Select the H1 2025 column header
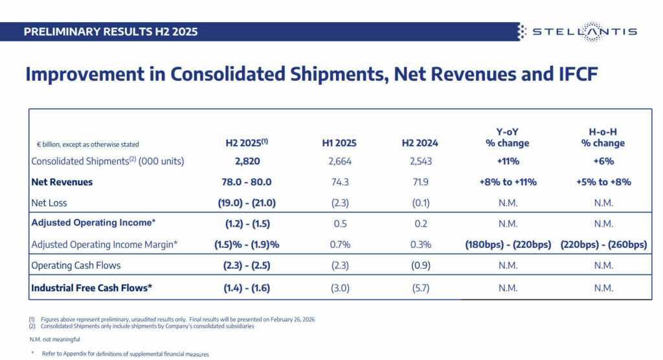pos(339,143)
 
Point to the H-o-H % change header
pos(603,137)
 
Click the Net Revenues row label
pos(62,182)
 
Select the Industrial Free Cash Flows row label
pos(91,288)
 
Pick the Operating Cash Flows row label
pos(76,265)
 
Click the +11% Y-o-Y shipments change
pos(508,161)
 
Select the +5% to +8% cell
pos(603,182)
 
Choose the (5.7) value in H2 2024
pos(420,288)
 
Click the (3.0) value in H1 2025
pos(339,288)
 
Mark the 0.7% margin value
pos(339,244)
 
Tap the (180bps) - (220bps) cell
pos(508,244)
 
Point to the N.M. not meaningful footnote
pos(55,339)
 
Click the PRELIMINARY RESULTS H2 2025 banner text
pos(111,32)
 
